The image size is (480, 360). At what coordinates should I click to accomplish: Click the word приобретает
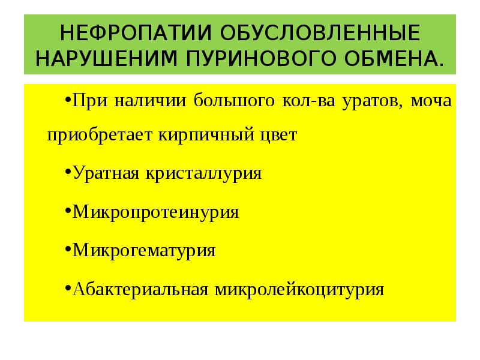tap(100, 136)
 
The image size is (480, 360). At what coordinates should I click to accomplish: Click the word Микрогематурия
tap(144, 250)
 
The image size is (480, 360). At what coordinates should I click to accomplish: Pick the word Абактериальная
tap(139, 289)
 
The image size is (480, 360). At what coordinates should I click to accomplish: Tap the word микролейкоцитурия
tap(297, 290)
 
